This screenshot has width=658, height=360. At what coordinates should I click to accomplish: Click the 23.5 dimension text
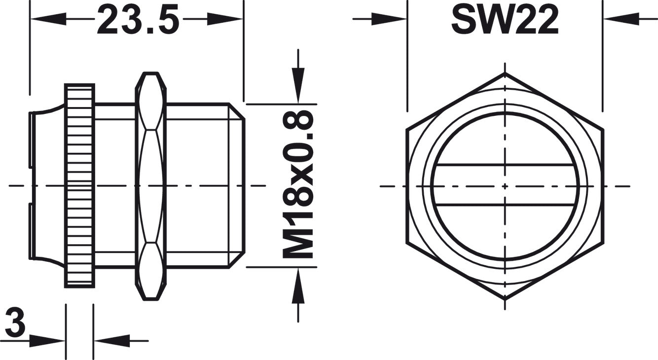click(138, 19)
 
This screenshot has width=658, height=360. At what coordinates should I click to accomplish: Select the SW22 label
click(505, 20)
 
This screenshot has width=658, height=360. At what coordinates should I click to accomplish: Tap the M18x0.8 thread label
click(297, 185)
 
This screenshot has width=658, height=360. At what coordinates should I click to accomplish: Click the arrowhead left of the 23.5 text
click(48, 19)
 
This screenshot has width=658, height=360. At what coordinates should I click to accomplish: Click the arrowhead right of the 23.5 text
click(225, 19)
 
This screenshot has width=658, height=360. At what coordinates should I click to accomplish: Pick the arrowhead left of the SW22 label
click(390, 19)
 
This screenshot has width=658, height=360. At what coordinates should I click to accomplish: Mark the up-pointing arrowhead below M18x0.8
click(298, 286)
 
